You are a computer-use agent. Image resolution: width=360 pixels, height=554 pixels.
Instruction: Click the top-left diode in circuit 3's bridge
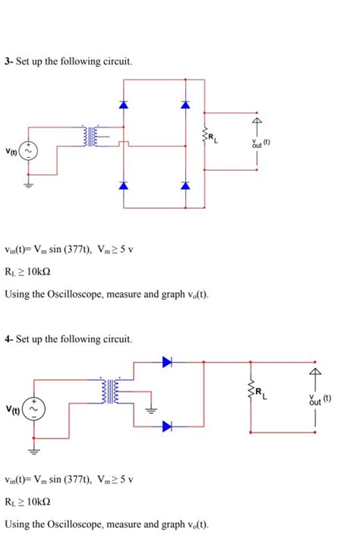point(124,104)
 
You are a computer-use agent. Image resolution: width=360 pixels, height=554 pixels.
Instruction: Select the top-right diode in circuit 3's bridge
point(185,104)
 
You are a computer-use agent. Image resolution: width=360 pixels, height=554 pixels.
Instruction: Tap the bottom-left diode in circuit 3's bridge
point(124,185)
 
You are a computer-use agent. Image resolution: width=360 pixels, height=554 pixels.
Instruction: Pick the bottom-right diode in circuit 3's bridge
point(185,185)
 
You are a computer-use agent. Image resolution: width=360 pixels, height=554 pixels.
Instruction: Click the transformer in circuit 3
point(93,136)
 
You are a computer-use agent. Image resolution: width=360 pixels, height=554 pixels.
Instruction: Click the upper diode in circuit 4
point(167,363)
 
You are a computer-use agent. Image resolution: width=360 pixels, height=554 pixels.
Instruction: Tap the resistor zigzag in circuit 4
point(250,392)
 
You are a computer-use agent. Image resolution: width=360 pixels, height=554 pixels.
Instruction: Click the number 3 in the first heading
point(7,60)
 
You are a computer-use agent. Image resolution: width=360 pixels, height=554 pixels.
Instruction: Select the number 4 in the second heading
point(7,338)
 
